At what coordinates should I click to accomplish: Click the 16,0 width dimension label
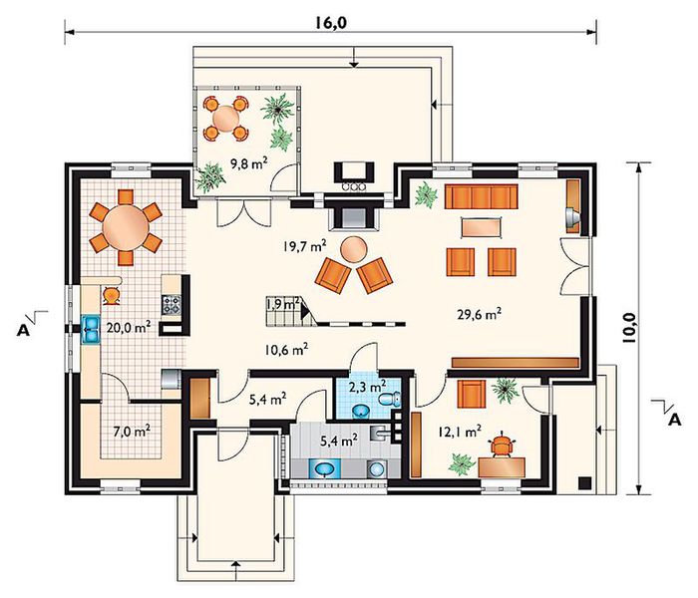point(331,22)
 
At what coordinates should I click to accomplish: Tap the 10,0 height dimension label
point(629,327)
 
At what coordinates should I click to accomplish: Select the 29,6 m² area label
point(480,314)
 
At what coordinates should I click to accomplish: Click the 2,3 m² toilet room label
point(367,386)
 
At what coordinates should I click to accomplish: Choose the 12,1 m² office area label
point(460,431)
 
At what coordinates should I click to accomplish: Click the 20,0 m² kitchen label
point(128,328)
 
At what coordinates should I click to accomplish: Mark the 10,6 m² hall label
point(286,350)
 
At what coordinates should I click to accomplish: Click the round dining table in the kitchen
point(126,227)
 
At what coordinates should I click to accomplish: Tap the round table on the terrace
point(226,118)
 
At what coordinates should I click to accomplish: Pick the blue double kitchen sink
point(91,330)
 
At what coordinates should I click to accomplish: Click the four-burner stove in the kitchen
point(172,305)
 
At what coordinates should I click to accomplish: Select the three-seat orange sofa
point(481,196)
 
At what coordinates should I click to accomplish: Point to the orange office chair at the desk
point(502,445)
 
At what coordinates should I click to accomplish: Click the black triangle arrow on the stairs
point(305,311)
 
